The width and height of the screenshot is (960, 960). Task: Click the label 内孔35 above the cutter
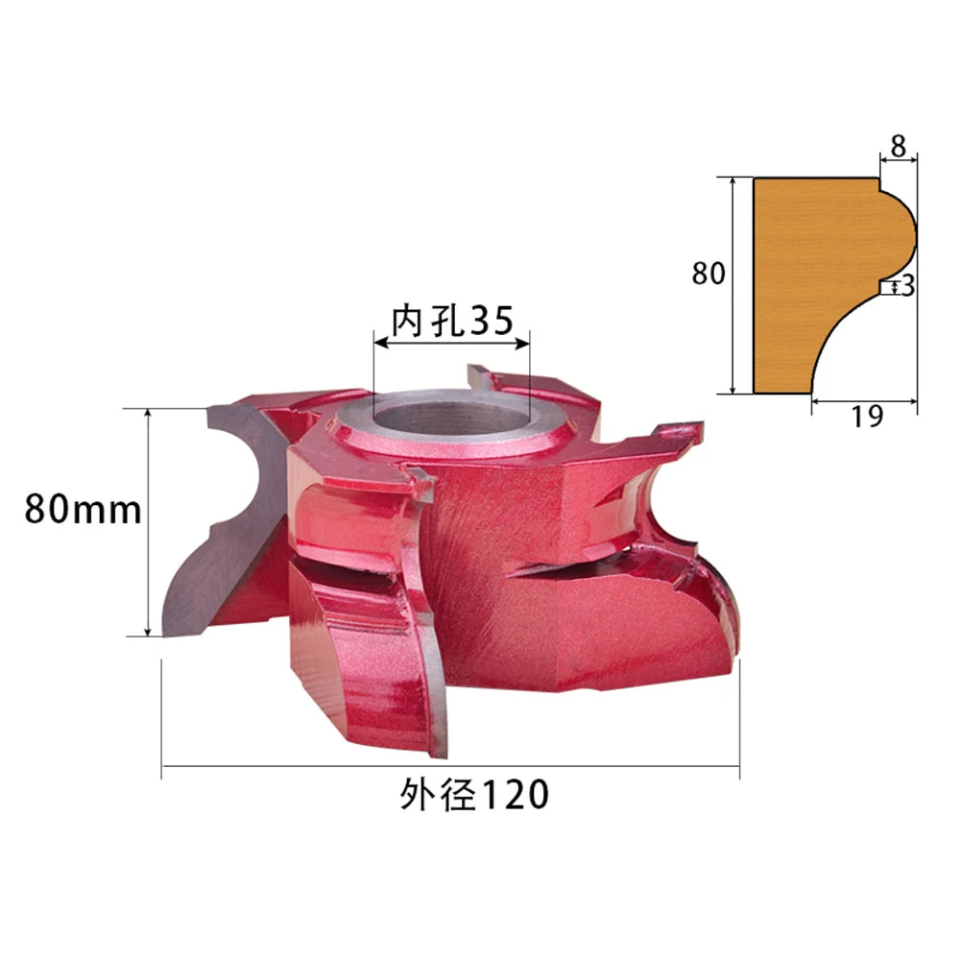(452, 321)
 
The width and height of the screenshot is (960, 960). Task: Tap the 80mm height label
(83, 510)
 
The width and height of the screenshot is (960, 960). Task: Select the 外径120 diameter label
(474, 795)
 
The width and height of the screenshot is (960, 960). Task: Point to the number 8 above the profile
(899, 146)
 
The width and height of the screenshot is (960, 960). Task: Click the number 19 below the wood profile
(867, 417)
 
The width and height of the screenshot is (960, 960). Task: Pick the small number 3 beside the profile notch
(908, 285)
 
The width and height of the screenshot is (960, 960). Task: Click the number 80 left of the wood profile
(708, 273)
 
